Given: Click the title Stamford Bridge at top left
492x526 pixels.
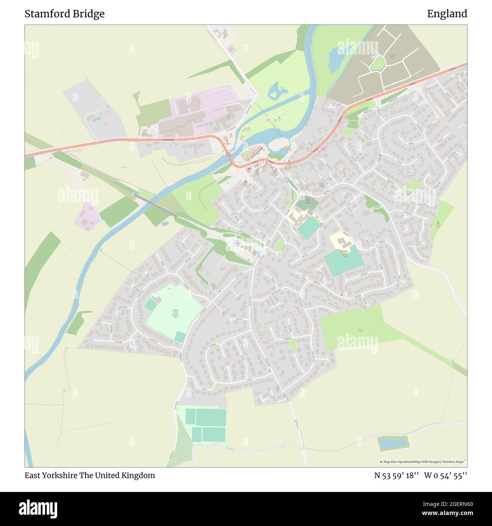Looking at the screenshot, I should [65, 14].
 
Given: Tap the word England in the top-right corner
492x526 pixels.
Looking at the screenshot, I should [447, 14].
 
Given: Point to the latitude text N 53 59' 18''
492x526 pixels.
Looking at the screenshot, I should [396, 475].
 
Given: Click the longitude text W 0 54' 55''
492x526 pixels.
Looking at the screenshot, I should [445, 475].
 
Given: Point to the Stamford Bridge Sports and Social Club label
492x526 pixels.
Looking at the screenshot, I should [175, 313].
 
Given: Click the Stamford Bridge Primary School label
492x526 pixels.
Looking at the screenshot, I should [345, 253].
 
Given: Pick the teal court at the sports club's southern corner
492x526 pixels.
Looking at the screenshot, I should [180, 336].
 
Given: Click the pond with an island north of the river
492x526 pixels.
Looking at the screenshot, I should [277, 91].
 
